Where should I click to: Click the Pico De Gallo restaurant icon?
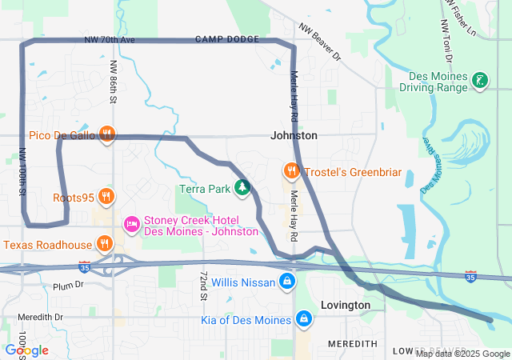(x=106, y=134)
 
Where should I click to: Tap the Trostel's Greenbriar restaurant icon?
(x=292, y=171)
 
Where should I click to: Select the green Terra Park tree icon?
(x=242, y=189)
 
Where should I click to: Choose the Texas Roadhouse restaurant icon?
(x=103, y=244)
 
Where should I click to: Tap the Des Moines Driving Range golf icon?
(x=479, y=80)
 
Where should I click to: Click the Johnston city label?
(x=294, y=136)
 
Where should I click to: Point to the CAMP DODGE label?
(x=227, y=39)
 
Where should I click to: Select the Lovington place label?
(x=345, y=306)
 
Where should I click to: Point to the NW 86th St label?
(x=114, y=82)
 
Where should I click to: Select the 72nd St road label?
(x=205, y=286)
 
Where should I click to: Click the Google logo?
(x=26, y=350)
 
